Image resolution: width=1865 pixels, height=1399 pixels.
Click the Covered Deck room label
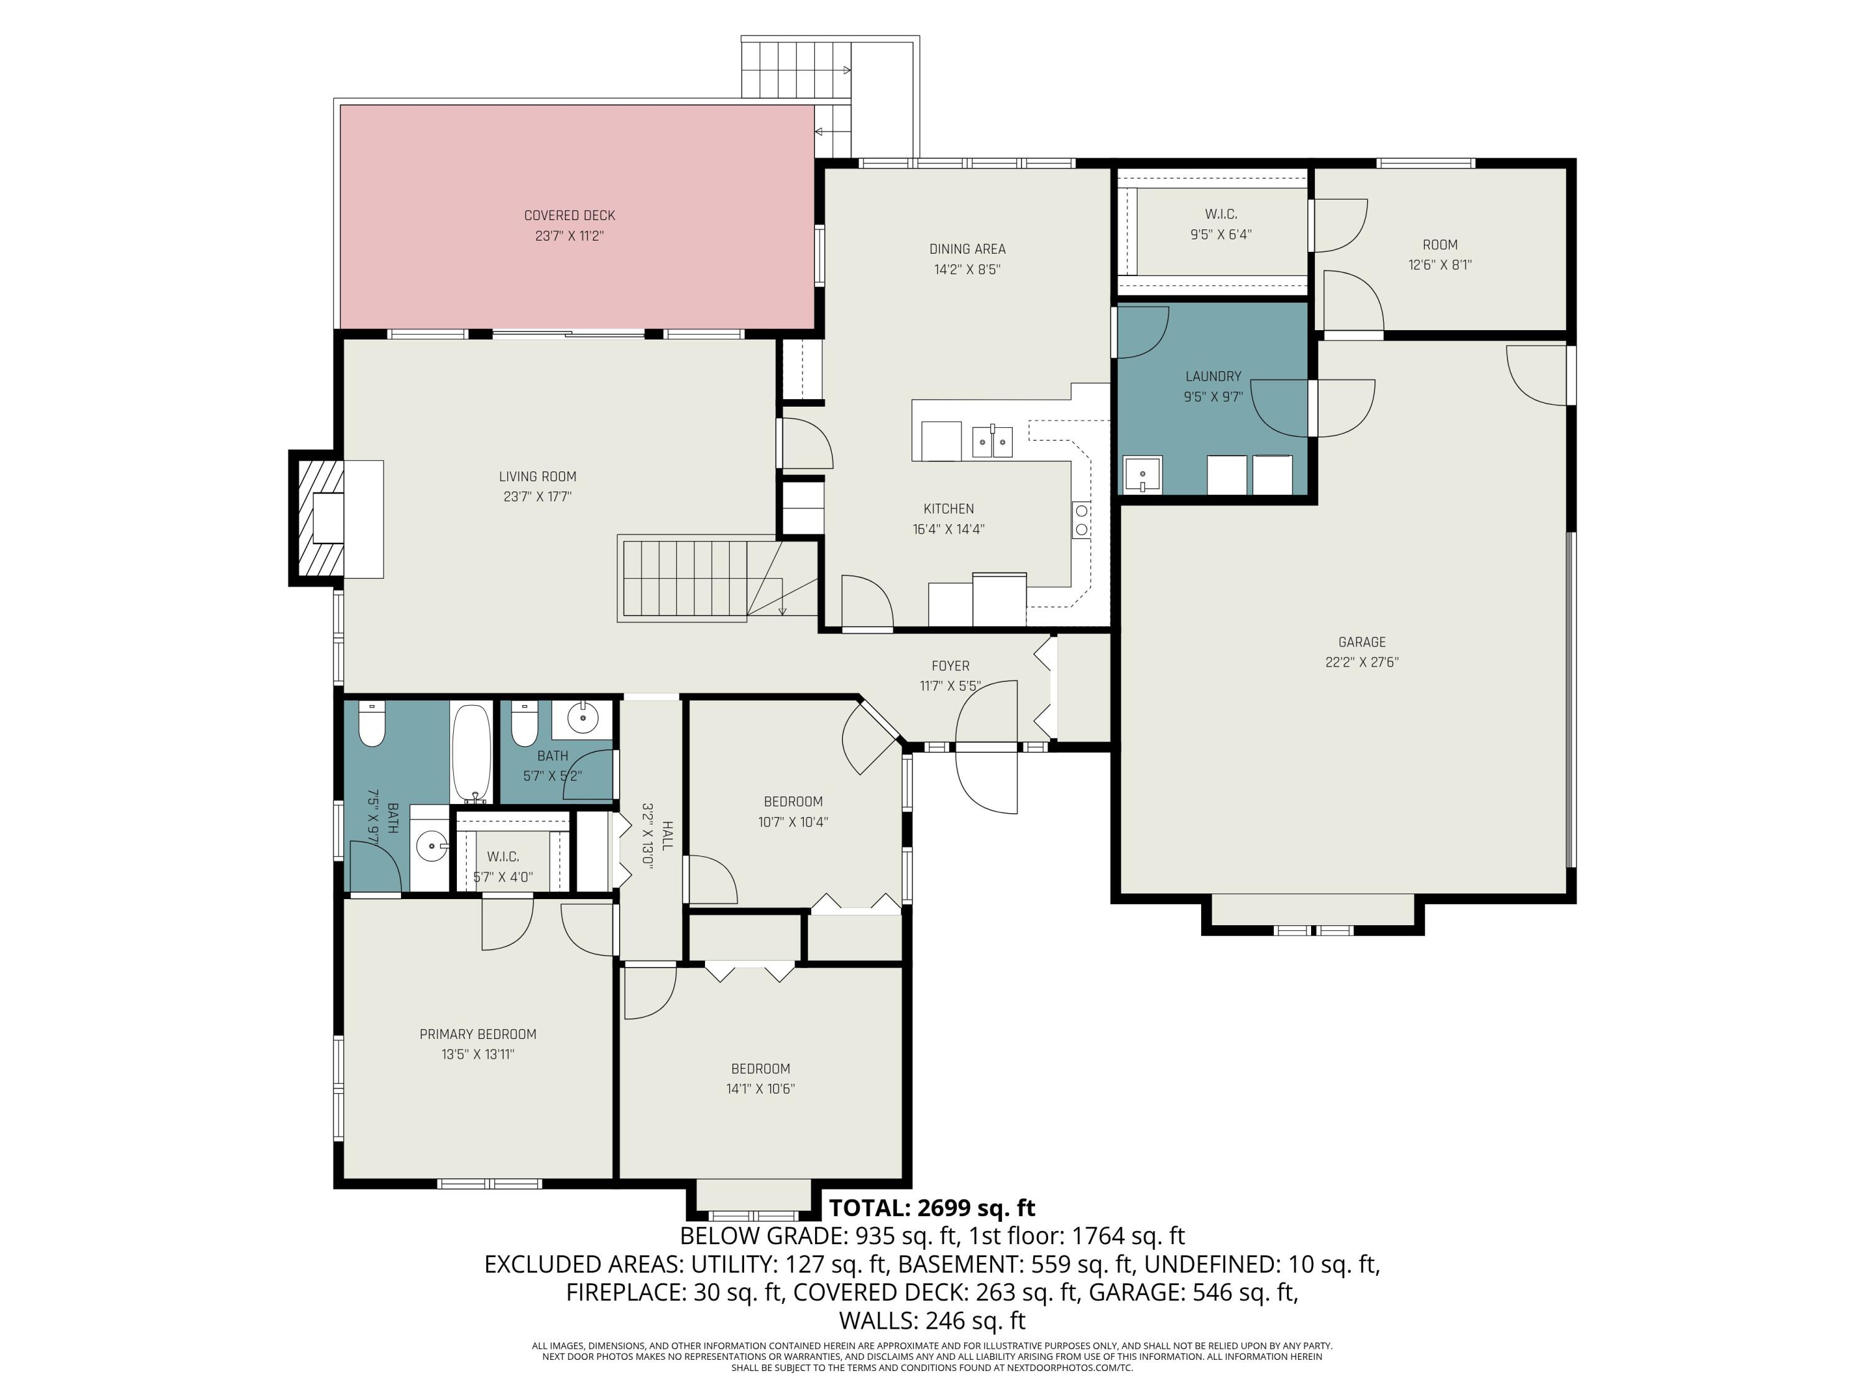(x=570, y=216)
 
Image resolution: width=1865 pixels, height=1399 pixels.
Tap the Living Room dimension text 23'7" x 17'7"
(x=538, y=497)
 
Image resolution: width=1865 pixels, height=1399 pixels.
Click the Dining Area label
(x=967, y=249)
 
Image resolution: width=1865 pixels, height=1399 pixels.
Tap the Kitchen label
(x=949, y=509)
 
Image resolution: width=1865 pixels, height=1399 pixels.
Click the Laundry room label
(x=1213, y=376)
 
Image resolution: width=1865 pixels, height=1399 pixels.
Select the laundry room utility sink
(x=1143, y=475)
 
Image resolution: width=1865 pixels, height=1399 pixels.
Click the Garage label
(x=1361, y=642)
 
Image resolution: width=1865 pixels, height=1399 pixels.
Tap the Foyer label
(x=950, y=665)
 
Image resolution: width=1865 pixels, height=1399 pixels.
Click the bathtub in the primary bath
(x=472, y=753)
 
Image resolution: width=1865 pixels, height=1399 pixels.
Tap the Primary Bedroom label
(x=478, y=1034)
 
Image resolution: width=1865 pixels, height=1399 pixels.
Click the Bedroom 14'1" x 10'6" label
(x=760, y=1079)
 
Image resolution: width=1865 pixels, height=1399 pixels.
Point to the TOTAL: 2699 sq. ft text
(x=932, y=1207)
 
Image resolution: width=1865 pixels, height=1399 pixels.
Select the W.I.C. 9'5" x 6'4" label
(x=1221, y=224)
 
